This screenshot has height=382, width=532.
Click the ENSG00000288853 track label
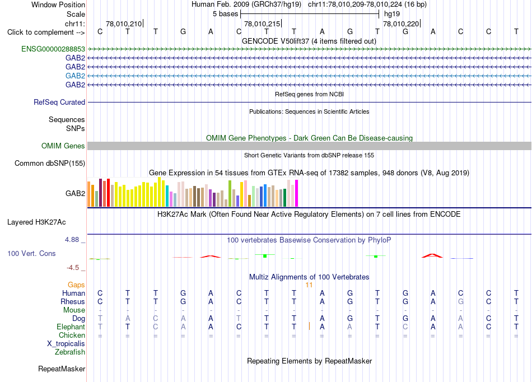[53, 49]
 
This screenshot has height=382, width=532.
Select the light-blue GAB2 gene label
[76, 76]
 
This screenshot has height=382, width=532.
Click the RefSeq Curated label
[59, 102]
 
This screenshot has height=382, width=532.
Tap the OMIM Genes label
[63, 146]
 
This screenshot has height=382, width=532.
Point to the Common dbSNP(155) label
[50, 163]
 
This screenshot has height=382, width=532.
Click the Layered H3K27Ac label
[36, 222]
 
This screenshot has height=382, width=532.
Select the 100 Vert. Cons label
[31, 253]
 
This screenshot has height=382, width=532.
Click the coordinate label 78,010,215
[262, 24]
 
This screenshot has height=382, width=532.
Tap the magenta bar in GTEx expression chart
[297, 193]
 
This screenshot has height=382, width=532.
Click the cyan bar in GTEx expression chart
[167, 195]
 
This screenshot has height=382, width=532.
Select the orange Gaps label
[76, 285]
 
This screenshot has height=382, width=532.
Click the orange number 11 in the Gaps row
[309, 285]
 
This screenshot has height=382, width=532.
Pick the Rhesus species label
[73, 301]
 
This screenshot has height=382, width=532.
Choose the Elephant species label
[71, 327]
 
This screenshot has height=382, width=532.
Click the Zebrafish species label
[70, 352]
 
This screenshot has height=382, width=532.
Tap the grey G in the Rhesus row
[460, 301]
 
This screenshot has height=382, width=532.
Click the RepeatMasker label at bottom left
[62, 369]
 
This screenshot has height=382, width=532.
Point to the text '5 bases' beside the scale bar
[225, 14]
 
